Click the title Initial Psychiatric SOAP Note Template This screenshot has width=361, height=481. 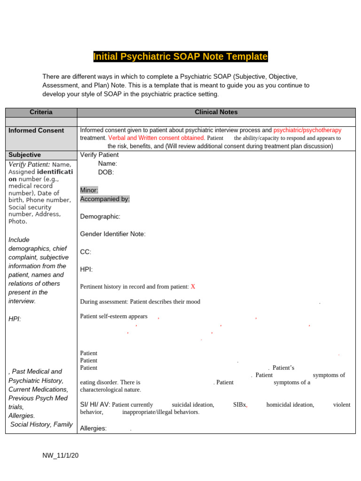[180, 57]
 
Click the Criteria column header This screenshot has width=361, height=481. [41, 112]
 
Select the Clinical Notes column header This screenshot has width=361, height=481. [216, 112]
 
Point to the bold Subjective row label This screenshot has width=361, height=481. [24, 155]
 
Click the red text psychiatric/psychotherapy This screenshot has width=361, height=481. [307, 130]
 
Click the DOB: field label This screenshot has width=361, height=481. [106, 172]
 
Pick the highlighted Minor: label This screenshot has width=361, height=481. [89, 190]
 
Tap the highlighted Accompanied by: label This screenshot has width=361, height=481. [105, 199]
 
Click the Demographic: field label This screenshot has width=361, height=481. [100, 217]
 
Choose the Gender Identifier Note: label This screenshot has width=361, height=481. [113, 234]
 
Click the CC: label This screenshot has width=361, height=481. [86, 252]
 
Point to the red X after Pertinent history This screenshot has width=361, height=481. [193, 287]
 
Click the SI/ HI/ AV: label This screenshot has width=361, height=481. [95, 404]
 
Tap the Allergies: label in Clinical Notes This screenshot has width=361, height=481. [94, 428]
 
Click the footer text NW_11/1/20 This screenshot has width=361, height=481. [60, 456]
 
